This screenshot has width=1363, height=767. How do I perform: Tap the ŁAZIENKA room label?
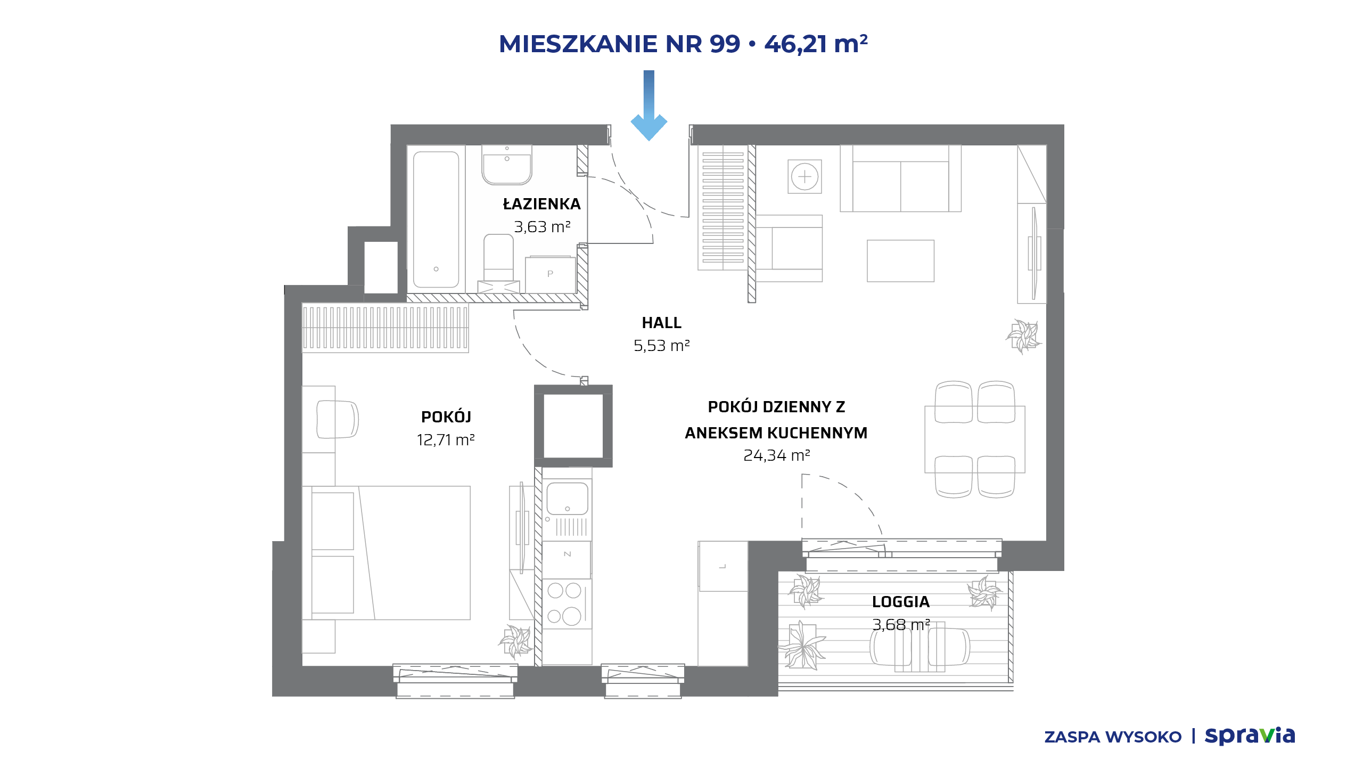tap(542, 204)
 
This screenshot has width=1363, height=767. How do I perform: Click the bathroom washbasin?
tap(507, 165)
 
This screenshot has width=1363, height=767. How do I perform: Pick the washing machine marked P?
tap(550, 274)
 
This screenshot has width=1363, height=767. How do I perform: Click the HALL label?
tap(661, 323)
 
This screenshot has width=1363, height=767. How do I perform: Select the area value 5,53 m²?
tap(661, 346)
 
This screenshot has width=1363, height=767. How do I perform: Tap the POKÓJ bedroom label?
tap(446, 417)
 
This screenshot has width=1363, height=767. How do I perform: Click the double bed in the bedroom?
tap(386, 552)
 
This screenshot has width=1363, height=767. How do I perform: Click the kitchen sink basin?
tap(567, 499)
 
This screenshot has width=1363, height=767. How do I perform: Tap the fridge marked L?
tap(723, 566)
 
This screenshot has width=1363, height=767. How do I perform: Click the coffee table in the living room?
tap(900, 260)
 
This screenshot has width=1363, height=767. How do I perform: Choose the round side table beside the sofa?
tap(804, 176)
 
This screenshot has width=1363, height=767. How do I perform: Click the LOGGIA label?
tap(901, 602)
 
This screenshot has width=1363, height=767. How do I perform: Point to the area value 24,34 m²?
tap(776, 455)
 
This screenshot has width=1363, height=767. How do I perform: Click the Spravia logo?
tap(1250, 736)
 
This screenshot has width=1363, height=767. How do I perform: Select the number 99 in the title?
tap(725, 44)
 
